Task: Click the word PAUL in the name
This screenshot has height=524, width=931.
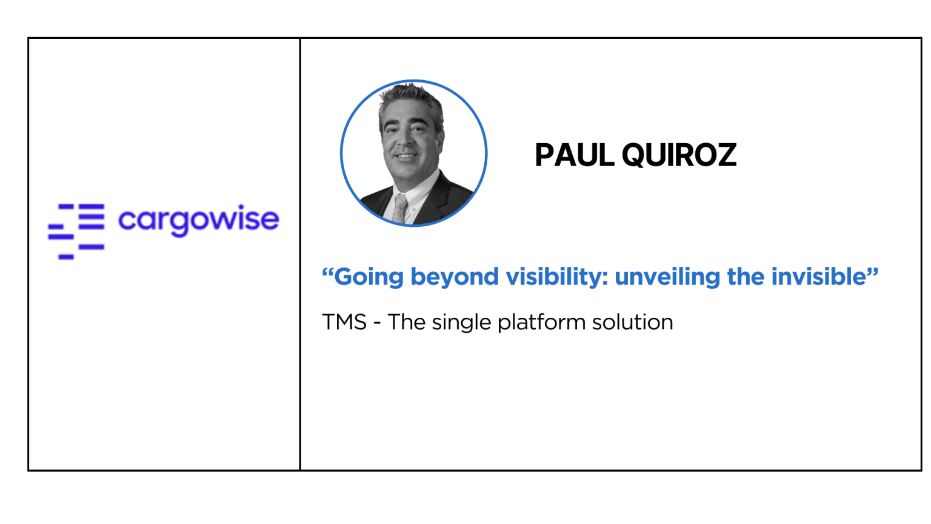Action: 575,155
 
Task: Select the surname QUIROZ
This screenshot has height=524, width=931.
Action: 679,155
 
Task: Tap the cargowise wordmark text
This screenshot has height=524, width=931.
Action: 198,220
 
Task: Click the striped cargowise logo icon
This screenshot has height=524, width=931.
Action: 76,232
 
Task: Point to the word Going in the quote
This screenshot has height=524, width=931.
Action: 369,278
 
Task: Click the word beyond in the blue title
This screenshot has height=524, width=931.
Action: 455,278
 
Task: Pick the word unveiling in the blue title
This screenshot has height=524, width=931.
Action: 667,277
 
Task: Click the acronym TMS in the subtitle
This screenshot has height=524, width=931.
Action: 344,322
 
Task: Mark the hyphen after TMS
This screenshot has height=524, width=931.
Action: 377,324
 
